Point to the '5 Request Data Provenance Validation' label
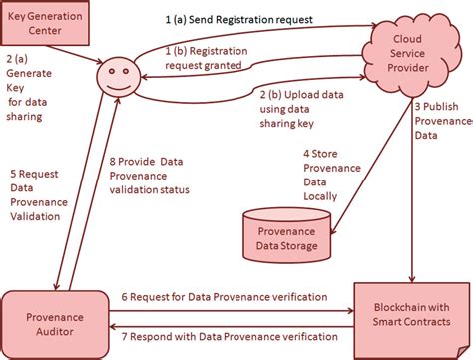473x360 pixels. [x=36, y=187]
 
